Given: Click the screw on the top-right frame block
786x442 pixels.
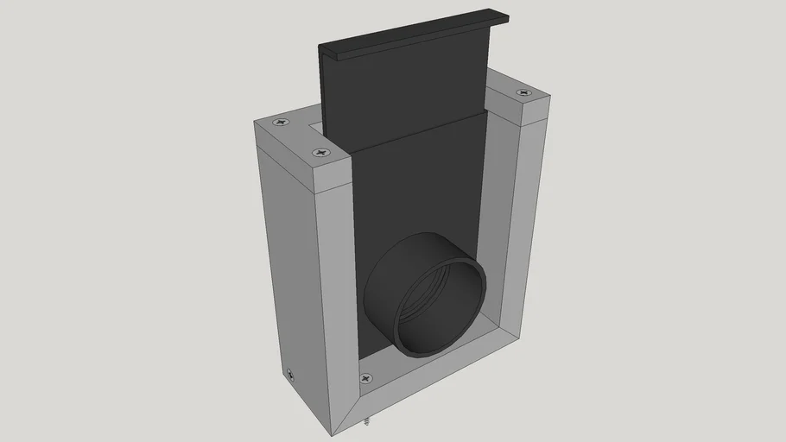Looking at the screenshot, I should coord(521,92).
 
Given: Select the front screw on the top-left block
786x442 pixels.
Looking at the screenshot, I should coord(320,153).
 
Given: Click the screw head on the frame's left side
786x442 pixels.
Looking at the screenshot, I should coord(290,375).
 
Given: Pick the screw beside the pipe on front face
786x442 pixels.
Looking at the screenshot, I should coord(366,378).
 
